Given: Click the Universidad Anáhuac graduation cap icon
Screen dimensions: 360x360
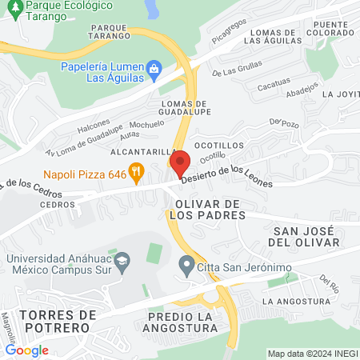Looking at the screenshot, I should pos(122,261).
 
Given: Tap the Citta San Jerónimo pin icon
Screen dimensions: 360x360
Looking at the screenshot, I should pos(186,263).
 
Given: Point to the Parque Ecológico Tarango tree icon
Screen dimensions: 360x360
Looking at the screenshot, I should pos(10,6).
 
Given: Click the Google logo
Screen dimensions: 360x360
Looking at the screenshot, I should pos(26,350).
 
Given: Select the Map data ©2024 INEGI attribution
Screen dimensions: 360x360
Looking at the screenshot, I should pos(312,354).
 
